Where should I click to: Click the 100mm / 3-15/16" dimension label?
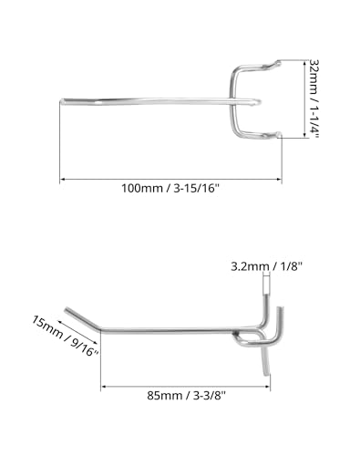pos(171,189)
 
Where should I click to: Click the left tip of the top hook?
pos(64,98)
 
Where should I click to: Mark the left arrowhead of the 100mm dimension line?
pos(64,180)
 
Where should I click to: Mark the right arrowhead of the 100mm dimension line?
pos(278,180)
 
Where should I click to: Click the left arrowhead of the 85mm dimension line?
pos(103,388)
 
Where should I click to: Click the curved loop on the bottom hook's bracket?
pos(250,341)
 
